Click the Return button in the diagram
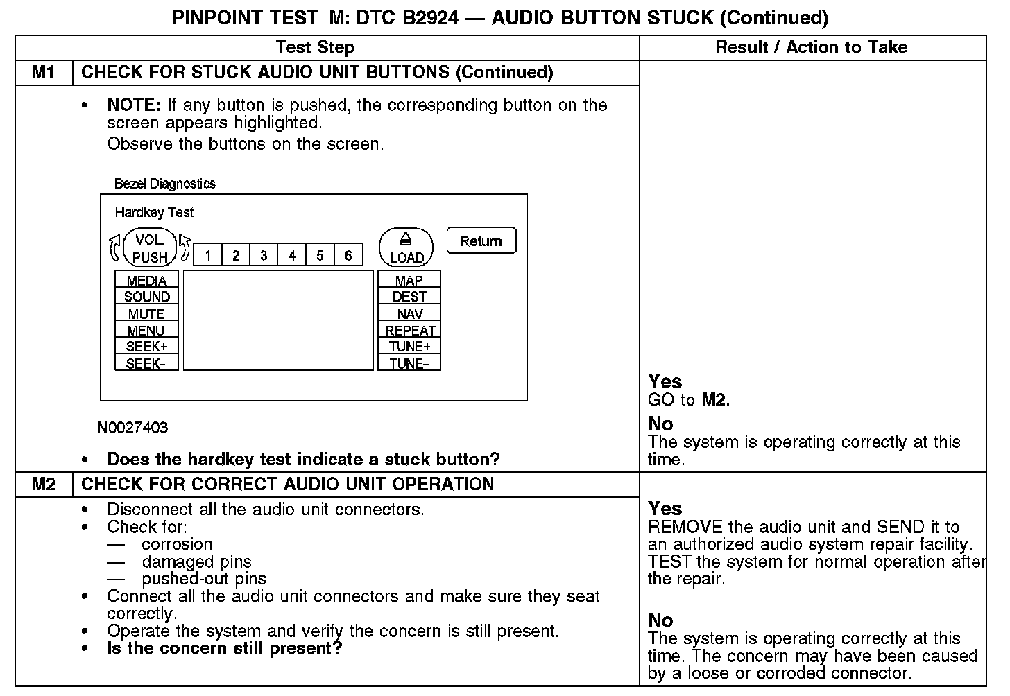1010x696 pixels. point(481,241)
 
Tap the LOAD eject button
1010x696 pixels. point(406,248)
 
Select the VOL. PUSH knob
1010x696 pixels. point(150,248)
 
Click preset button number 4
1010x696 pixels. point(292,256)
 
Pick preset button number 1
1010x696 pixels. point(207,256)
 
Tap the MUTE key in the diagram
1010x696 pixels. point(146,314)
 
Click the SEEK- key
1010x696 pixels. point(146,363)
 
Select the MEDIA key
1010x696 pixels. point(146,281)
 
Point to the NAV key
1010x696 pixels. point(409,314)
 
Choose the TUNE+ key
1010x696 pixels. point(409,347)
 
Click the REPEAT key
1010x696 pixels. point(409,331)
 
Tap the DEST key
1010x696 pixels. point(409,297)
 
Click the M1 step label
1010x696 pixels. point(44,72)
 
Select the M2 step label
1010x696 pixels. point(44,484)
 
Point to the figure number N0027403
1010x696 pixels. point(132,428)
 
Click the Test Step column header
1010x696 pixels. point(315,47)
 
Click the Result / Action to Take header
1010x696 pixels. point(811,47)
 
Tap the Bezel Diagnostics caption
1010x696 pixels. point(165,184)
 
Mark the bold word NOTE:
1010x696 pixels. point(134,105)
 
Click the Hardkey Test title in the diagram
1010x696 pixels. point(154,212)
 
